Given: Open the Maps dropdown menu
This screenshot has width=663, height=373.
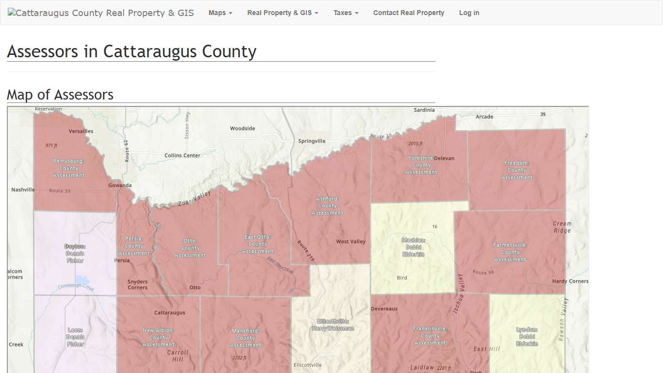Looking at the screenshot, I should [220, 13].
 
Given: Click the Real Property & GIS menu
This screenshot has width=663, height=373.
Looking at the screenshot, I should [282, 13].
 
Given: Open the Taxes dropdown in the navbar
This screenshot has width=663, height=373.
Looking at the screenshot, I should [346, 13].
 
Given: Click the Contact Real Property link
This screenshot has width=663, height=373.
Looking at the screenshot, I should [408, 13].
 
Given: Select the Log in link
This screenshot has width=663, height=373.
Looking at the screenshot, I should [469, 13].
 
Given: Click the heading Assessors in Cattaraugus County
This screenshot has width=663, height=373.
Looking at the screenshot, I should [132, 51].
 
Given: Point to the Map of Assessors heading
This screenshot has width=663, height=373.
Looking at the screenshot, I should [60, 95].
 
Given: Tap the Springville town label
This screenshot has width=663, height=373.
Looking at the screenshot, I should [312, 141].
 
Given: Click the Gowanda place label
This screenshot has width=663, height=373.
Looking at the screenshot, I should [120, 186].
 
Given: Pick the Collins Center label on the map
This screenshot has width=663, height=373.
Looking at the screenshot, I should [182, 155].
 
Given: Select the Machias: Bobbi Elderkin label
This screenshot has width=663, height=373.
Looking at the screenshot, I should [414, 247].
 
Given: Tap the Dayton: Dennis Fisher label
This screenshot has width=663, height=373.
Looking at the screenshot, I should [75, 254].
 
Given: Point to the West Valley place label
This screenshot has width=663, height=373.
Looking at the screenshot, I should [351, 242].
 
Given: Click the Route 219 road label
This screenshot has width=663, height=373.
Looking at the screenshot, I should [306, 251].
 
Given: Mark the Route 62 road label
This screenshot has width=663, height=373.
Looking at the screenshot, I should [126, 151].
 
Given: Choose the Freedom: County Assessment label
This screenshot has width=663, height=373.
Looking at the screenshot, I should [516, 170].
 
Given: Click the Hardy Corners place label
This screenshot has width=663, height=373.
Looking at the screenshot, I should [570, 282].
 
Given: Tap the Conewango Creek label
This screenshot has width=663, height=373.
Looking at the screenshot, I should [76, 287].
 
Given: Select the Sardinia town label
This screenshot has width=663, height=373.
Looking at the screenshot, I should [424, 110].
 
